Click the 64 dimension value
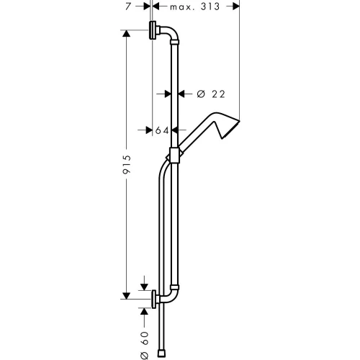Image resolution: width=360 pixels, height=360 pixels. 161,130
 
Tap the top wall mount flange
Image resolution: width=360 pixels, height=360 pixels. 153,32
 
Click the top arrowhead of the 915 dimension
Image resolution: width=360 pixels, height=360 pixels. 126,34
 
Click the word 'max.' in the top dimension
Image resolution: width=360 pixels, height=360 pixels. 184,6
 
